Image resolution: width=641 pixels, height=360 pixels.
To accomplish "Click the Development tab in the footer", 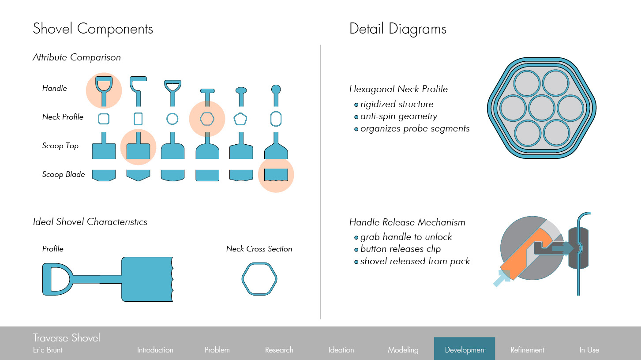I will point(465,350).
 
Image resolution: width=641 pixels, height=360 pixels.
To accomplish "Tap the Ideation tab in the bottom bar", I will point(341,350).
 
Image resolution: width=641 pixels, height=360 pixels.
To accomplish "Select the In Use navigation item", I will point(589,350).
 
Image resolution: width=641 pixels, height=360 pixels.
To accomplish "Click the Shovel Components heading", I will point(93,29).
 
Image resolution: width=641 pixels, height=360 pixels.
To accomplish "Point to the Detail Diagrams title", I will point(397,29).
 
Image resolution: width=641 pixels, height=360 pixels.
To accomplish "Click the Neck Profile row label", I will point(63,117).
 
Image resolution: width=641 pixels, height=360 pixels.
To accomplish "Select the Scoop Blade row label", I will point(64,174).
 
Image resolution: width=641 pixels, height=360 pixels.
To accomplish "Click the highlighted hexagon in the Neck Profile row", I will point(207,119).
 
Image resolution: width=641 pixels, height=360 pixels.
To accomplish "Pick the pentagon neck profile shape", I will point(240,119).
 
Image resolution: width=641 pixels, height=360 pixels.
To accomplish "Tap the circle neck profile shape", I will point(172,119).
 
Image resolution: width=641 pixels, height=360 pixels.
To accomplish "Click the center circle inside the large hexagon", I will point(541,107).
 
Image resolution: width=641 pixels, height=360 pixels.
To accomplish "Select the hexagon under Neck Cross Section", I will point(259,278).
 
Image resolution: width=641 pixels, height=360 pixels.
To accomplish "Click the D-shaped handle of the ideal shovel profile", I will point(56,279).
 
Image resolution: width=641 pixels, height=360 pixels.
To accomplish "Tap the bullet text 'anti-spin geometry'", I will point(398,116).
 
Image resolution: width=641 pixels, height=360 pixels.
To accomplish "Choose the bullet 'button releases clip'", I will point(400,249).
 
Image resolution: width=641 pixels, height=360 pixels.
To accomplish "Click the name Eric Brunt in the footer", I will point(48,350).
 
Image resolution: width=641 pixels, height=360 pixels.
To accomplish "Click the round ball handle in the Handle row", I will point(276,90).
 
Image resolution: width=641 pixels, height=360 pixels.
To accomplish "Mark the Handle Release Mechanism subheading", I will point(407,222).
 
